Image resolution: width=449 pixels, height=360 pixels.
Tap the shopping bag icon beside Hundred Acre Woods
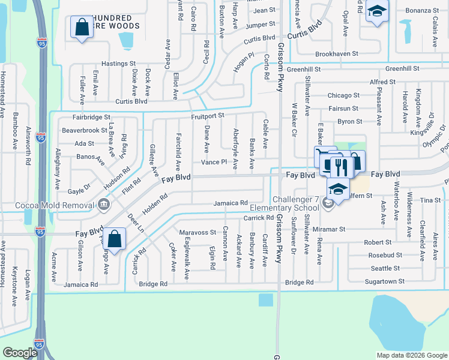pyautogui.click(x=81, y=28)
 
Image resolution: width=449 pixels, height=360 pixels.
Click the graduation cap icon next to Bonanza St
pyautogui.click(x=377, y=13)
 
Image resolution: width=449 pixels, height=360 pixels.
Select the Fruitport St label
pyautogui.click(x=208, y=115)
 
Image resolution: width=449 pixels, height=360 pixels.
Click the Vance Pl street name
pyautogui.click(x=214, y=162)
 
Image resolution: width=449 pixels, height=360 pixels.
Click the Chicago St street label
pyautogui.click(x=343, y=95)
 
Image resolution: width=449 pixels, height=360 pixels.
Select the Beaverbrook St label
pyautogui.click(x=84, y=130)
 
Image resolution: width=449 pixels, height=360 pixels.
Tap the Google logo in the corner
pyautogui.click(x=20, y=353)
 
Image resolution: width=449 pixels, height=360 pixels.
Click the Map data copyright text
pyautogui.click(x=412, y=355)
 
